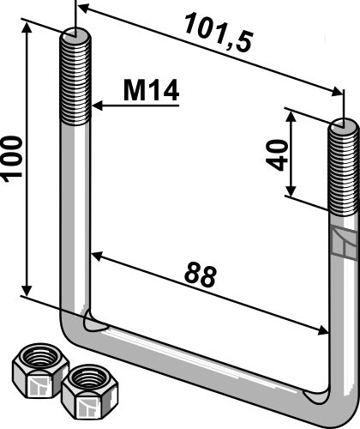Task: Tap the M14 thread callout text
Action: point(152,91)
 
